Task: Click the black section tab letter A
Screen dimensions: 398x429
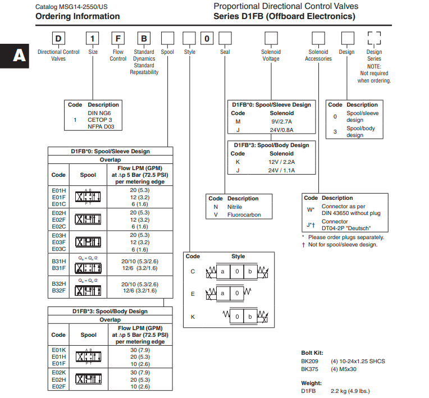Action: click(x=19, y=56)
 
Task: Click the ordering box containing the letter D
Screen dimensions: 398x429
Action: click(x=58, y=39)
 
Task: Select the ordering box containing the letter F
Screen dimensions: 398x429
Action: click(x=118, y=39)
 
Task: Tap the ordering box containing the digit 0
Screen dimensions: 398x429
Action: click(x=207, y=39)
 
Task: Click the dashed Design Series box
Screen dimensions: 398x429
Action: click(x=374, y=39)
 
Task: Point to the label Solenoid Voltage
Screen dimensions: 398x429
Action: click(x=271, y=55)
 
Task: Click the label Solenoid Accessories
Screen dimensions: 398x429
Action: click(x=318, y=55)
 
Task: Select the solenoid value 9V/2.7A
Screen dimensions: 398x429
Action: click(x=281, y=122)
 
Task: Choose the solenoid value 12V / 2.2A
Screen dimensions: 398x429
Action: click(x=281, y=162)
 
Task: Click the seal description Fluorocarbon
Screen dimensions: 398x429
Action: click(x=244, y=214)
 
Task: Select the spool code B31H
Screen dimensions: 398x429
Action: click(x=58, y=262)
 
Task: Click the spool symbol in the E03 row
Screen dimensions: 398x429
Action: click(x=88, y=242)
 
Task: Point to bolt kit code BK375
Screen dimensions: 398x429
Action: click(x=310, y=369)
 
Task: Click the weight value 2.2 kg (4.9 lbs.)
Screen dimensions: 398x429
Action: click(x=350, y=391)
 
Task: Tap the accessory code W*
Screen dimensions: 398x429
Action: click(x=311, y=210)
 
